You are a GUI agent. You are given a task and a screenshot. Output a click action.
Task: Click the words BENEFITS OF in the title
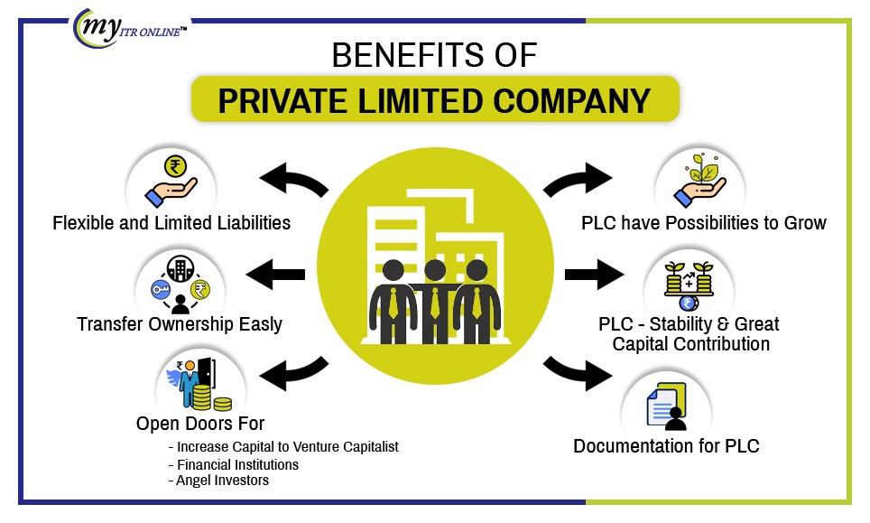pyautogui.click(x=434, y=56)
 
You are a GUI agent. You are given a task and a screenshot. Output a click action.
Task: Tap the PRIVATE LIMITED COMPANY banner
pyautogui.click(x=434, y=99)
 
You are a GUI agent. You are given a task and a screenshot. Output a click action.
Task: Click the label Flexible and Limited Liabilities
pyautogui.click(x=171, y=222)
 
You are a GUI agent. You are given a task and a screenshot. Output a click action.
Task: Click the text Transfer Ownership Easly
pyautogui.click(x=180, y=323)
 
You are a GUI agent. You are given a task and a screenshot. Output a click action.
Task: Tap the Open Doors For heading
pyautogui.click(x=200, y=423)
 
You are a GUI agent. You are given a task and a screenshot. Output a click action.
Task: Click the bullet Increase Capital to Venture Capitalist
pyautogui.click(x=287, y=446)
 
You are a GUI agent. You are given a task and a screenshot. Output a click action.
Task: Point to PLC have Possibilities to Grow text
pyautogui.click(x=704, y=222)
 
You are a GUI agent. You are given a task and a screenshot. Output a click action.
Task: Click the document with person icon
pyautogui.click(x=667, y=406)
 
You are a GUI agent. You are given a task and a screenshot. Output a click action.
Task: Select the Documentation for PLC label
pyautogui.click(x=666, y=446)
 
